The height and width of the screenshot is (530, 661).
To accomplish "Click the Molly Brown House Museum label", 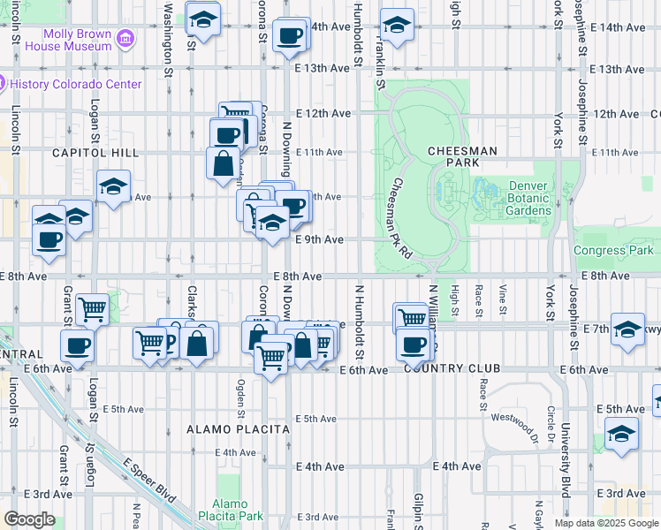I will point(70,41).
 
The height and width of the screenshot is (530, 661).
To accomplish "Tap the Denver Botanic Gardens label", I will point(528,199).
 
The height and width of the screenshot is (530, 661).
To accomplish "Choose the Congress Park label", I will point(613,250).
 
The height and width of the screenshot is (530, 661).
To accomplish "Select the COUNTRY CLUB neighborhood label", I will point(452,368).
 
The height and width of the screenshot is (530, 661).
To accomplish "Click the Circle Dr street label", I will point(550,422).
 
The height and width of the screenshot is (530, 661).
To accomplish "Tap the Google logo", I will point(28,519).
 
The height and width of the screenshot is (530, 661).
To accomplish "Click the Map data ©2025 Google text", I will point(606,523).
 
